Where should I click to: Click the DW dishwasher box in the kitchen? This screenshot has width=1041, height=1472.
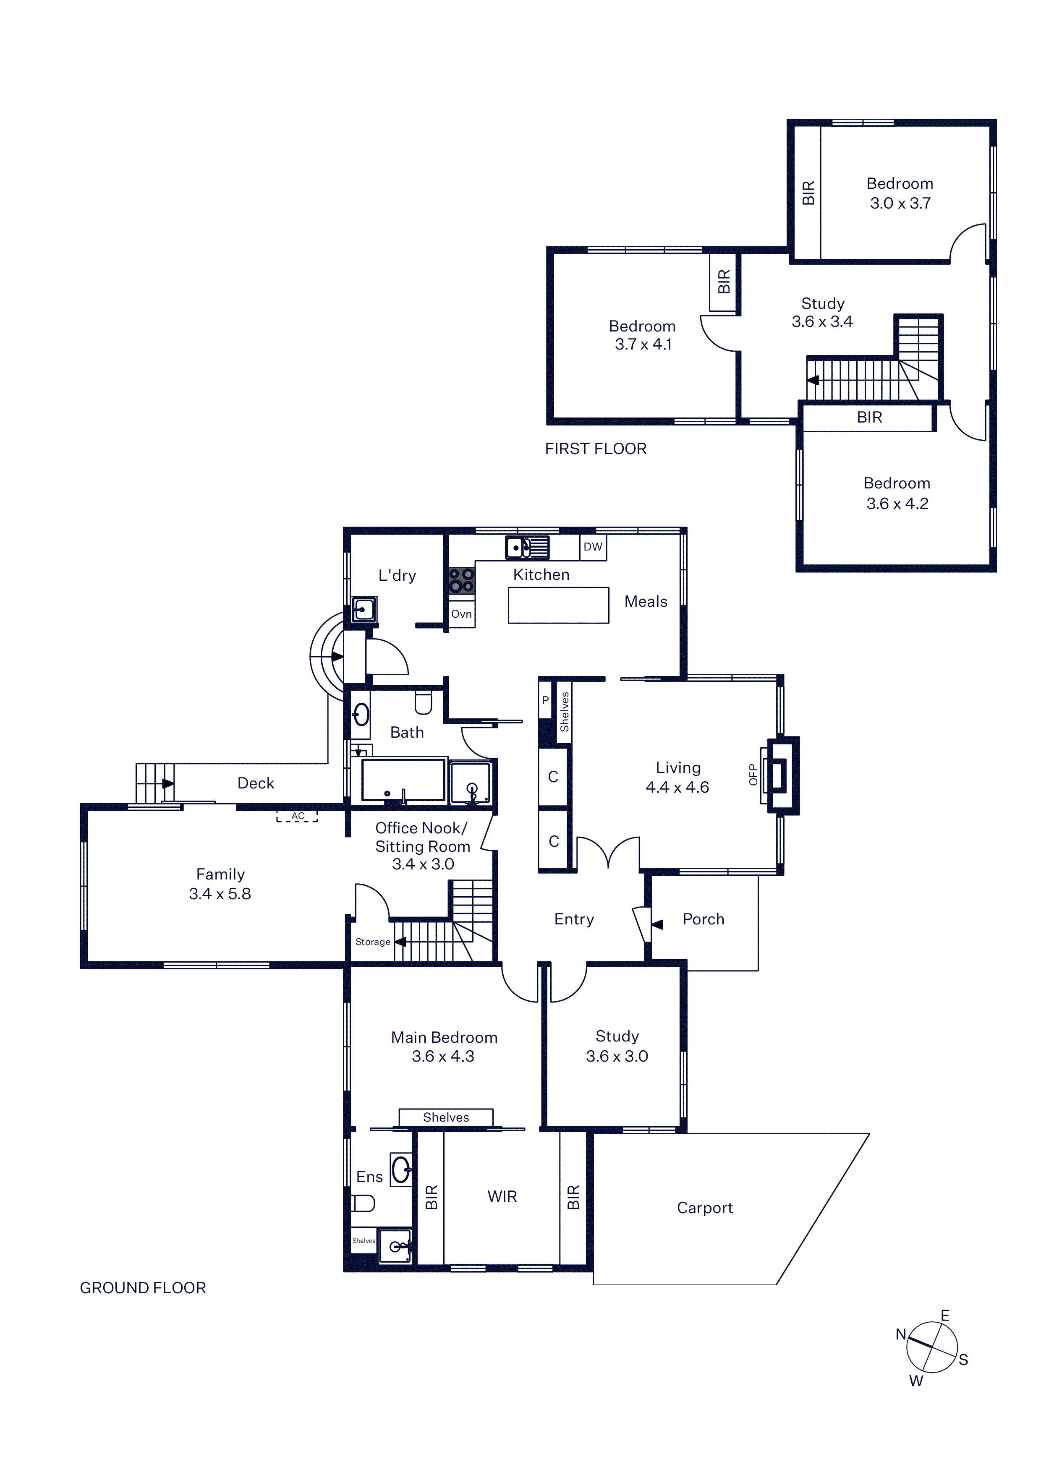593,547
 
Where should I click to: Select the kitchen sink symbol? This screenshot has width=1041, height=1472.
527,548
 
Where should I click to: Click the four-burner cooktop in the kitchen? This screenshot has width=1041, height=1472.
461,580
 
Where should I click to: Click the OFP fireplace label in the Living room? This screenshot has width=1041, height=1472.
753,775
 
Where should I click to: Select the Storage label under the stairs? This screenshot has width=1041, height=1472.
373,942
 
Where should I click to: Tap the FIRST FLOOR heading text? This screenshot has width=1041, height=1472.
596,449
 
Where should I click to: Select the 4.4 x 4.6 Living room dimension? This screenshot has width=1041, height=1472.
677,787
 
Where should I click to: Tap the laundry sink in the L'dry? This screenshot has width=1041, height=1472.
364,609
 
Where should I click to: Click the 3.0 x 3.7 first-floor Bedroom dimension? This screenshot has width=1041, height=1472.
900,203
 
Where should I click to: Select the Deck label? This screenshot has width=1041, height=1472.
256,783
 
